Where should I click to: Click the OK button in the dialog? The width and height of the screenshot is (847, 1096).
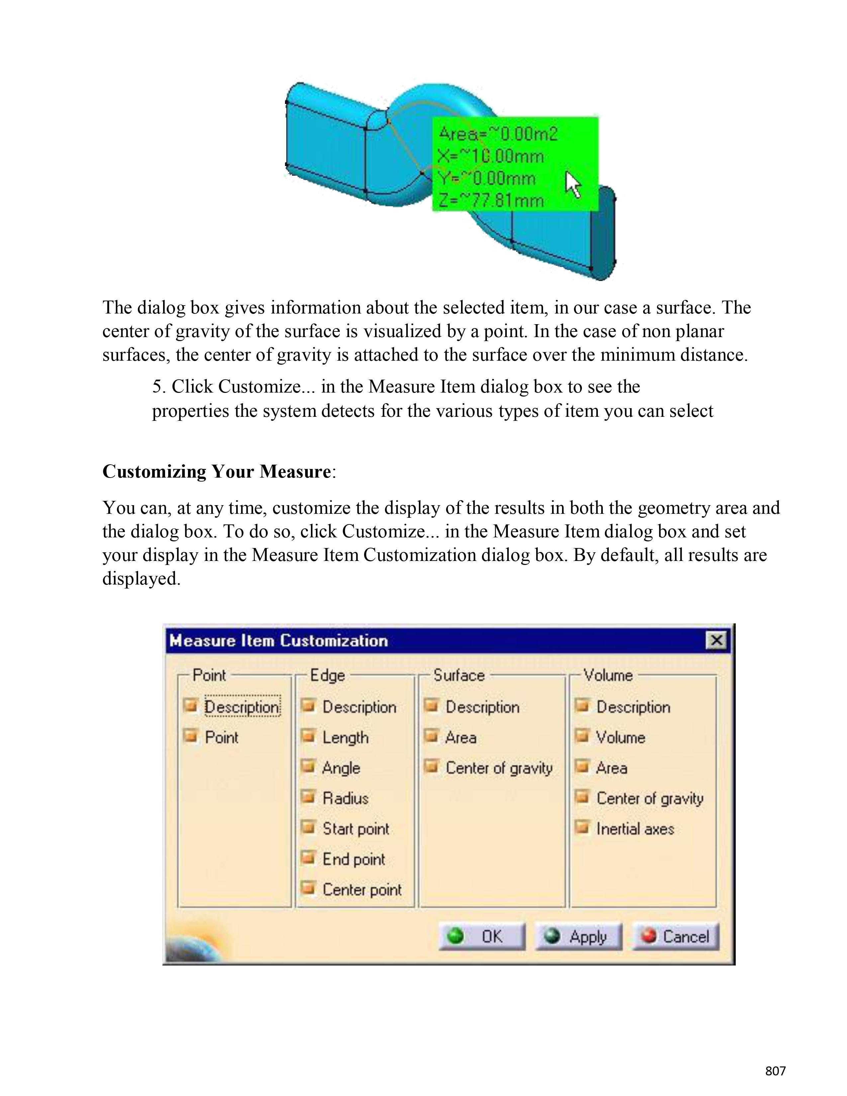tap(482, 937)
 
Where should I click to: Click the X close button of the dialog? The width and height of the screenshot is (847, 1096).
tap(716, 640)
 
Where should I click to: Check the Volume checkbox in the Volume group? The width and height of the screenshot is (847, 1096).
tap(582, 736)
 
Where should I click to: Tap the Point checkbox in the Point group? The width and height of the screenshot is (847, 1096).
tap(191, 736)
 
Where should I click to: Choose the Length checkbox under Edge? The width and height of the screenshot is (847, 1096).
tap(308, 736)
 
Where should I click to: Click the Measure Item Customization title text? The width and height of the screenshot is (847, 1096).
tap(278, 641)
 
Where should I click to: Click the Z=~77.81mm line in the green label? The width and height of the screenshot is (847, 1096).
tap(491, 200)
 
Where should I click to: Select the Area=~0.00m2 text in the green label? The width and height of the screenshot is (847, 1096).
tap(498, 134)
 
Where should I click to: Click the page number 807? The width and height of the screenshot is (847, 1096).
tap(775, 1071)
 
